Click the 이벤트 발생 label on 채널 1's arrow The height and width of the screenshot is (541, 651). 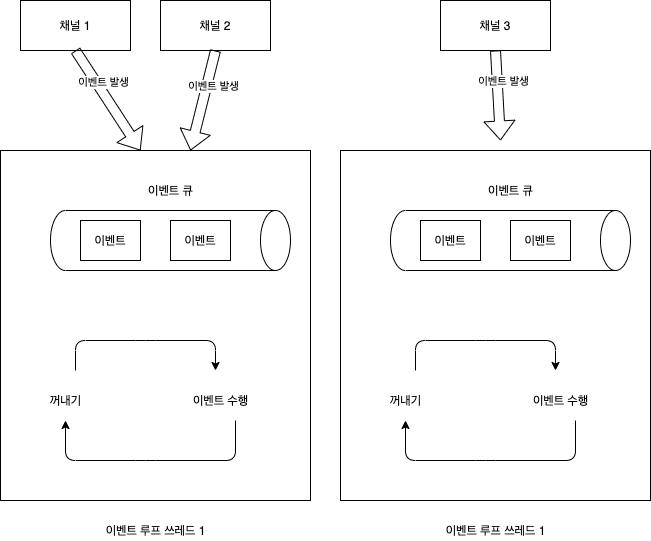point(102,85)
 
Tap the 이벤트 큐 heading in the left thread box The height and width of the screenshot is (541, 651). point(171,189)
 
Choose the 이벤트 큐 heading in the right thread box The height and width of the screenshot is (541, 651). point(511,189)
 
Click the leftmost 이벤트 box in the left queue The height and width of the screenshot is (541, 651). point(110,241)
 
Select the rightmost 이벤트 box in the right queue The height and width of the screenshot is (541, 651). point(540,241)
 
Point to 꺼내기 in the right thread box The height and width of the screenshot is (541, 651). point(404,400)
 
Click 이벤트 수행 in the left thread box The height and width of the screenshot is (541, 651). point(220,400)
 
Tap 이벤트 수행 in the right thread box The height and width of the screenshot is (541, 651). point(560,400)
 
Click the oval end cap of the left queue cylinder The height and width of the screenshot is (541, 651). point(275,241)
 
